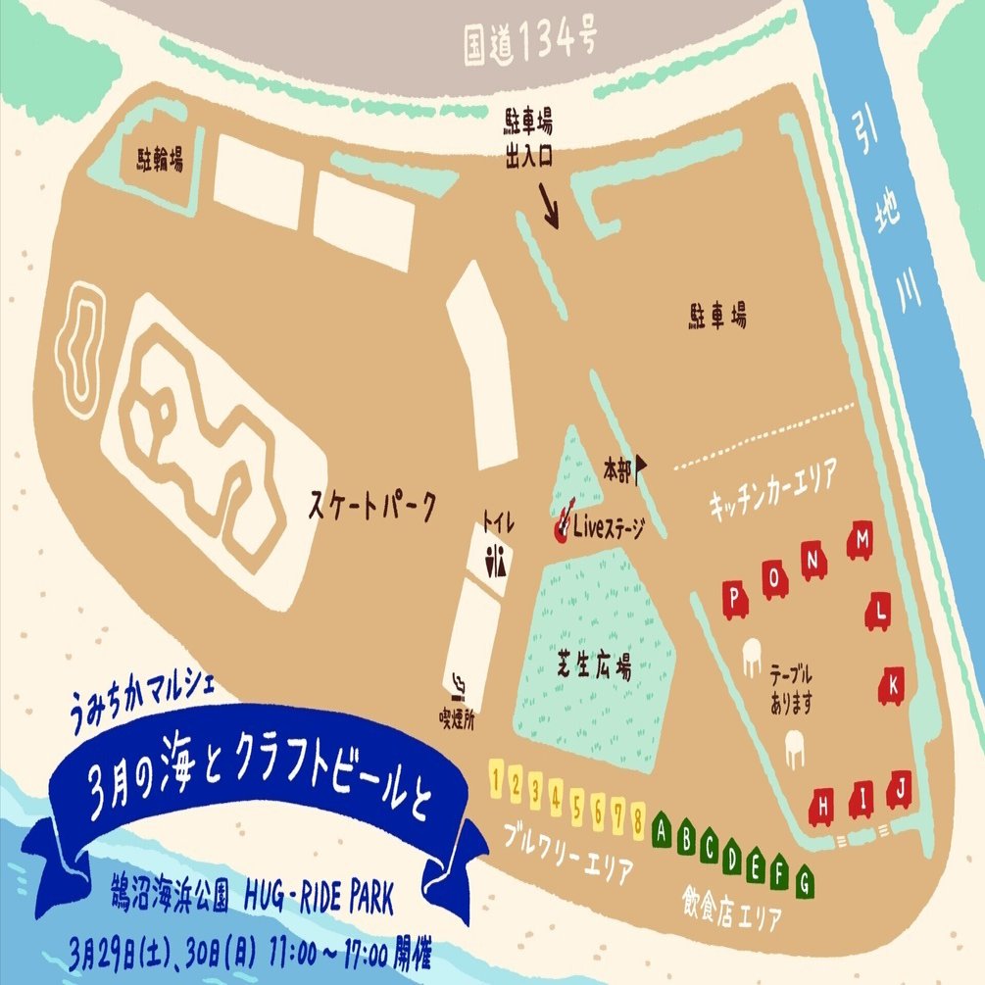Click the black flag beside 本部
(642, 470)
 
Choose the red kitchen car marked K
(893, 685)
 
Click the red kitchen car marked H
(824, 806)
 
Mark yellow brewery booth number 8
(638, 816)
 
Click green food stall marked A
(663, 829)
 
